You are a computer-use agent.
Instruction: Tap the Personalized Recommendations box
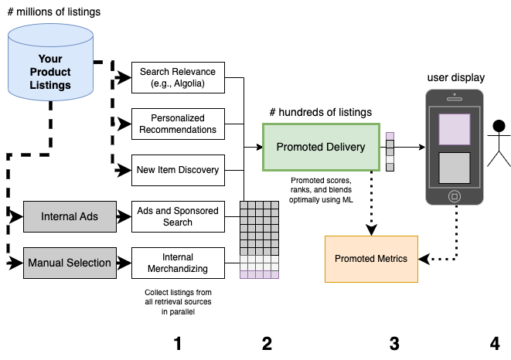coord(178,124)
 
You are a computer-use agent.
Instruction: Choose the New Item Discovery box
coord(178,170)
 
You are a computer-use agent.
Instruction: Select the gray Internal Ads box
coord(70,216)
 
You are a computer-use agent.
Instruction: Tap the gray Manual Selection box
coord(70,263)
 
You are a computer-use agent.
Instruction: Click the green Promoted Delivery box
coord(320,148)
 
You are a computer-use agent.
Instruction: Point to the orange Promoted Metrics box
coord(371,259)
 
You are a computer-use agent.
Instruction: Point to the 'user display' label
coord(456,77)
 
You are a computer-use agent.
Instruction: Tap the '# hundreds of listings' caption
coord(320,113)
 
